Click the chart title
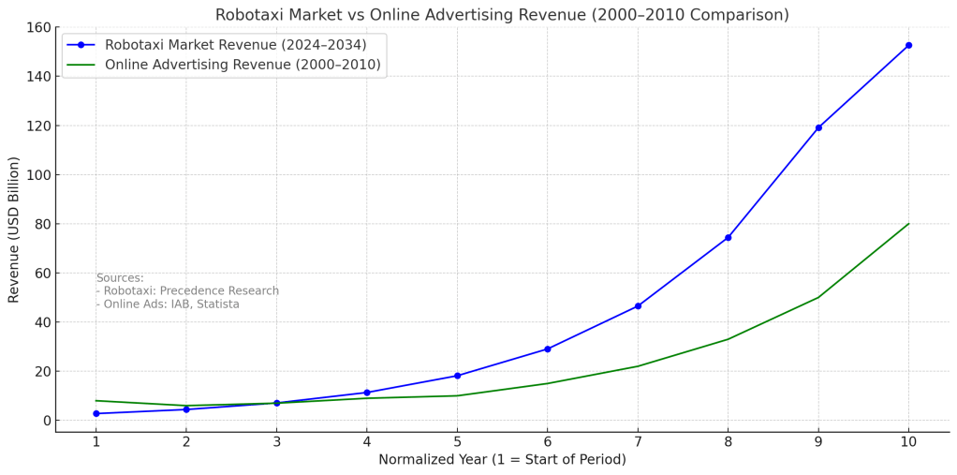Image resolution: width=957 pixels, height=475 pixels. pyautogui.click(x=502, y=15)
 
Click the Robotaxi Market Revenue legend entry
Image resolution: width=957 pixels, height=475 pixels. pyautogui.click(x=235, y=45)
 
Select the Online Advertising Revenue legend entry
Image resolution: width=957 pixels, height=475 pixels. pyautogui.click(x=243, y=65)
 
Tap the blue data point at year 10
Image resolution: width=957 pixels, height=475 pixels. pyautogui.click(x=908, y=45)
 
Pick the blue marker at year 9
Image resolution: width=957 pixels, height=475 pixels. pyautogui.click(x=818, y=127)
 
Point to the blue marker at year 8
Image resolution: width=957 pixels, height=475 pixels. pyautogui.click(x=728, y=238)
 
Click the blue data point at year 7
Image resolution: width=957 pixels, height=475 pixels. pyautogui.click(x=638, y=306)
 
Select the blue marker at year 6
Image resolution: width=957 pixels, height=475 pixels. pyautogui.click(x=548, y=349)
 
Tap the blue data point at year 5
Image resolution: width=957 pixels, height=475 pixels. pyautogui.click(x=457, y=376)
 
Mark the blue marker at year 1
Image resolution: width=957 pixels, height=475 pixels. pyautogui.click(x=96, y=414)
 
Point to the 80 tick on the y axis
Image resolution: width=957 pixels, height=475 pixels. pyautogui.click(x=41, y=224)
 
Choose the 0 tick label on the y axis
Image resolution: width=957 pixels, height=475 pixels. pyautogui.click(x=45, y=421)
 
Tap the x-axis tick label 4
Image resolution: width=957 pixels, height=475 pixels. pyautogui.click(x=367, y=441)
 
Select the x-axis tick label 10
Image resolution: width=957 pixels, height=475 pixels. pyautogui.click(x=908, y=441)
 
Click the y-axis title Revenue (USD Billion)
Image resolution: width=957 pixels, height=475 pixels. pyautogui.click(x=14, y=230)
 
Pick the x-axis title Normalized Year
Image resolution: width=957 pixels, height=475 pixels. pyautogui.click(x=502, y=460)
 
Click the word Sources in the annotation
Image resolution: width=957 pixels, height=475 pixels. pyautogui.click(x=120, y=278)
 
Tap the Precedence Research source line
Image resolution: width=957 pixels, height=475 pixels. pyautogui.click(x=187, y=291)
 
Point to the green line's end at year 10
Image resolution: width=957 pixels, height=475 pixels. pyautogui.click(x=908, y=224)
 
